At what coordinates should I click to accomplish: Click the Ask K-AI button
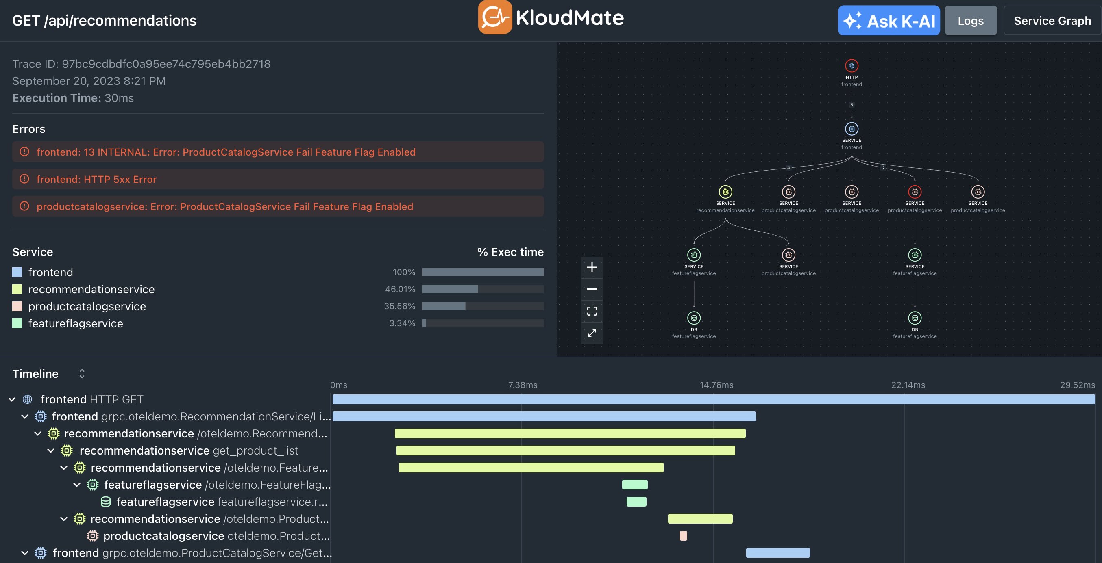pos(889,21)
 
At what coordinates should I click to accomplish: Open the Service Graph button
pos(1052,21)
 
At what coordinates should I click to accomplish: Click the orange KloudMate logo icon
pos(494,17)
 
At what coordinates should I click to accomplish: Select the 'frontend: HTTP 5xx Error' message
pos(97,179)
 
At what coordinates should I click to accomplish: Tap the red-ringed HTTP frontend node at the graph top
pos(852,66)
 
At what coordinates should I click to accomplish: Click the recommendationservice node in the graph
pos(725,192)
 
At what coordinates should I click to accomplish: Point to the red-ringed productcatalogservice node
pos(915,192)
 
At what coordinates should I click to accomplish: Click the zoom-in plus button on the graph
pos(592,267)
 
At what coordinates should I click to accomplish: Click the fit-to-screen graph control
pos(592,311)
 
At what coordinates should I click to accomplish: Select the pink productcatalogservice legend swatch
pos(17,306)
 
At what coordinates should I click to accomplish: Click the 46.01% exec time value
pos(400,289)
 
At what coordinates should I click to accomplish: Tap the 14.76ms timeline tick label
pos(716,385)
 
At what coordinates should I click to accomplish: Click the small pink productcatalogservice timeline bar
pos(683,536)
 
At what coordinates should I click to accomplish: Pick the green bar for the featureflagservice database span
pos(636,501)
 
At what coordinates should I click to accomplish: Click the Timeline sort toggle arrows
pos(82,374)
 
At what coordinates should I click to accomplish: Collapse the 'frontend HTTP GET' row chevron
pos(12,399)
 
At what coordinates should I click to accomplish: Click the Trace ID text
pos(141,64)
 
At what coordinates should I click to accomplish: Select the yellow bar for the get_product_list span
pos(565,450)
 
